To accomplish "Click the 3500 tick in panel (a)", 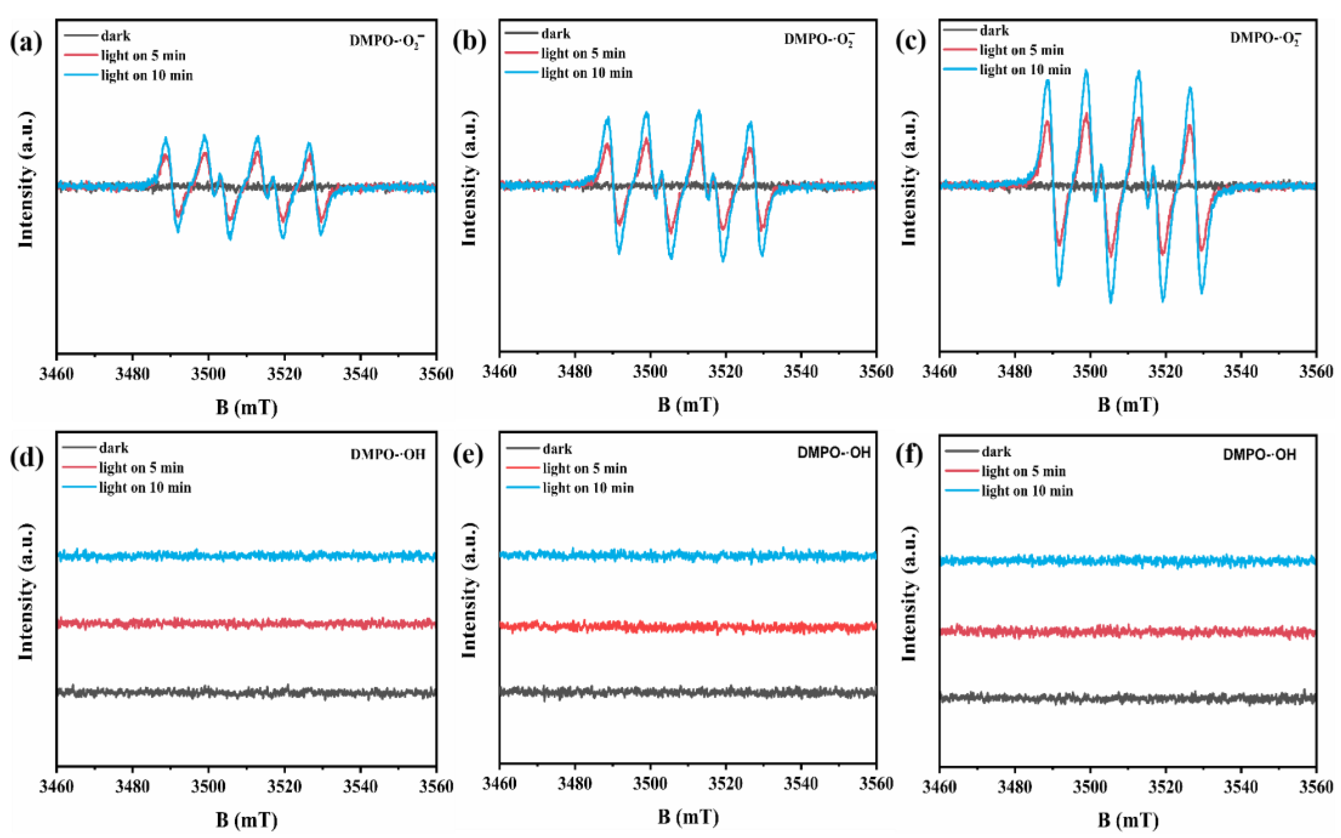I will click(x=208, y=374).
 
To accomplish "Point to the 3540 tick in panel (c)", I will click(x=1241, y=372).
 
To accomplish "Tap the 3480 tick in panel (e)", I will click(x=574, y=784).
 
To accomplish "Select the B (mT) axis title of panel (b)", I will click(x=688, y=405).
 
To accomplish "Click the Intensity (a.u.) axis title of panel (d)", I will click(x=25, y=591).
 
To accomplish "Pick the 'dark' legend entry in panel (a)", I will click(x=115, y=36).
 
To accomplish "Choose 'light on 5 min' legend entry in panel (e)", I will click(x=585, y=469).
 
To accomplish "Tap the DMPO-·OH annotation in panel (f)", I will click(x=1259, y=455).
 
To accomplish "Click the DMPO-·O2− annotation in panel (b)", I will click(x=818, y=39).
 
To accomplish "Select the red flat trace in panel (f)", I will click(x=1128, y=631).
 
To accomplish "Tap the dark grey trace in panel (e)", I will click(x=688, y=691).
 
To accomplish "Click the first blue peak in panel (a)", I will click(x=165, y=139).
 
